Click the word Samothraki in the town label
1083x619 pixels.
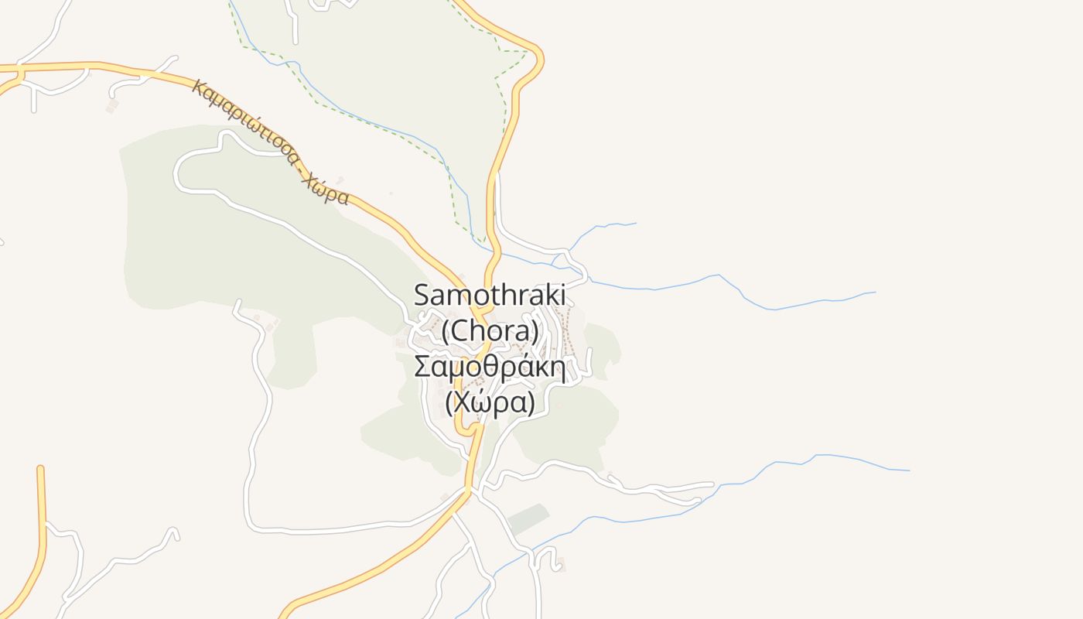490,295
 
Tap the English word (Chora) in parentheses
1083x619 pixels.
490,331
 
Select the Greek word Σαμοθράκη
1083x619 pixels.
487,366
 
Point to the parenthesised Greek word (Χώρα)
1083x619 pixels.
490,402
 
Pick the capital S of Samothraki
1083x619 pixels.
422,295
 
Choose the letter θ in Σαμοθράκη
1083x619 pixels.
497,366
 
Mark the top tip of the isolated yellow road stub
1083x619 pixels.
40,469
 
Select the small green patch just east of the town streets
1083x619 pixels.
603,345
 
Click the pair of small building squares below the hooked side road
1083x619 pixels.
111,105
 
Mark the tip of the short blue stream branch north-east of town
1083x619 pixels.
635,224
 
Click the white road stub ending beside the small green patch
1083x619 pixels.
589,353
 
